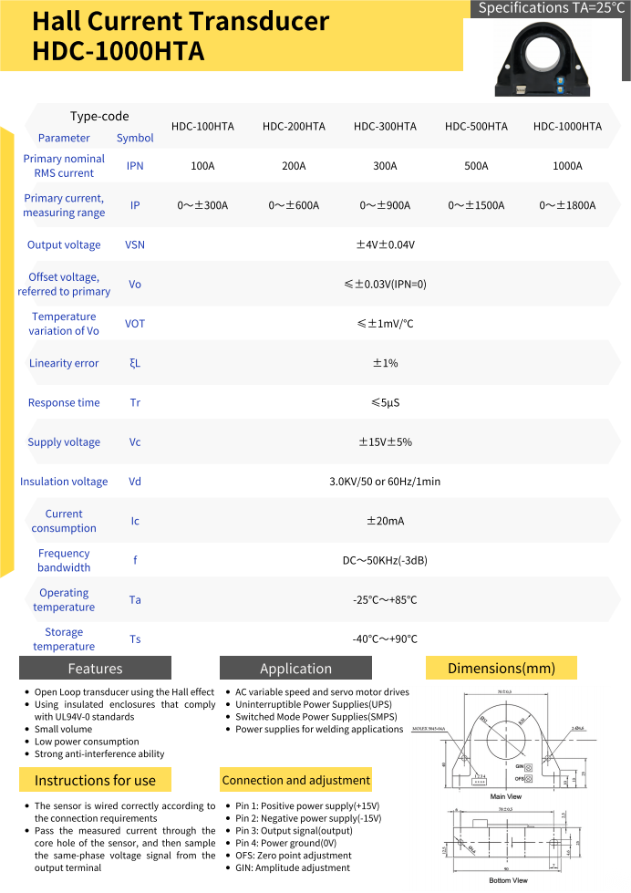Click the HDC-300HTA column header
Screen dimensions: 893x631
pos(385,127)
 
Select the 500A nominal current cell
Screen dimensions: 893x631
pos(476,166)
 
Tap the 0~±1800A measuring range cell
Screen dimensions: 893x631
pos(567,205)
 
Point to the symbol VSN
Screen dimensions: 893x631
pos(135,244)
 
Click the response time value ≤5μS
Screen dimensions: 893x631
pos(385,402)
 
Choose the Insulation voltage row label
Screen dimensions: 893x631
pos(64,482)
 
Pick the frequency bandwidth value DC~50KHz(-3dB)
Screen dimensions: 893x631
pos(385,560)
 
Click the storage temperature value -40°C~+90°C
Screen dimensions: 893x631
pos(385,639)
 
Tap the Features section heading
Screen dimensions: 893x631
pos(95,669)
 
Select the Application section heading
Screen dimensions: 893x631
pos(295,669)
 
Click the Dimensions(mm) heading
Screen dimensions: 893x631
pos(501,669)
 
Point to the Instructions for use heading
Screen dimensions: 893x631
pos(95,780)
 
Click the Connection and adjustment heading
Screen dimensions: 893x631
pos(295,780)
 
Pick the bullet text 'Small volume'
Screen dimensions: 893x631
pos(63,729)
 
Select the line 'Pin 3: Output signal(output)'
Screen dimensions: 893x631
pos(294,831)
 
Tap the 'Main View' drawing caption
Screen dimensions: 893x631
pos(506,796)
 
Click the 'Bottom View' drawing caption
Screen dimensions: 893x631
pos(508,880)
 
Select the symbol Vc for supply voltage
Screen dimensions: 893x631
pos(135,442)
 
